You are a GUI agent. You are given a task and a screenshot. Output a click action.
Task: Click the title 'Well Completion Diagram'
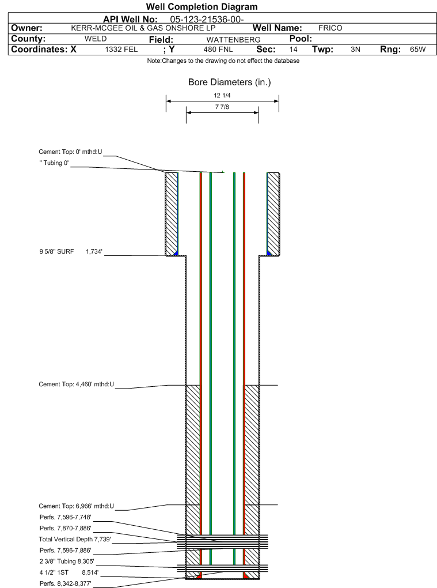202,7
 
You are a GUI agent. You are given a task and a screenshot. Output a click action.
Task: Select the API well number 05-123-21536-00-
207,20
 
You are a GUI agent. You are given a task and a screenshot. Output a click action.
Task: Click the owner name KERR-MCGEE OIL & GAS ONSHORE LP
143,28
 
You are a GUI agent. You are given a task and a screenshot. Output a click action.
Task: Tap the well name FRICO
330,28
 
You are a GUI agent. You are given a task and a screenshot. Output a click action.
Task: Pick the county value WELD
96,39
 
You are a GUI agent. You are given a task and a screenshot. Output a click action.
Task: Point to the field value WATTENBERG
233,39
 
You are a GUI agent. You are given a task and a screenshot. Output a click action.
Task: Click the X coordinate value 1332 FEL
121,50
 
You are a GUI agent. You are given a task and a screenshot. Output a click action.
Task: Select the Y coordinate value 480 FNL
218,50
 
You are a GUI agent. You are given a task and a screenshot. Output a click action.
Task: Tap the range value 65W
417,50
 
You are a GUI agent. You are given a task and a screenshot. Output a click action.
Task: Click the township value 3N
355,50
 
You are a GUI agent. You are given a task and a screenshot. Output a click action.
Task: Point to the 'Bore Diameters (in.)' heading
230,82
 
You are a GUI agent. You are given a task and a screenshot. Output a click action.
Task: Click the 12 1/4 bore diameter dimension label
222,95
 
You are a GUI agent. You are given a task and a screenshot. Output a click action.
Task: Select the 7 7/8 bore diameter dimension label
222,107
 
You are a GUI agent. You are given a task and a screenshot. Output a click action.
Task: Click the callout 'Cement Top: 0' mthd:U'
70,152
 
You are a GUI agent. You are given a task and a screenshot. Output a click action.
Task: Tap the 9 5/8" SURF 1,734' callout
71,251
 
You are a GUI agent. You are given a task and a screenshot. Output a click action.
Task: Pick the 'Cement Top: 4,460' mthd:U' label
77,385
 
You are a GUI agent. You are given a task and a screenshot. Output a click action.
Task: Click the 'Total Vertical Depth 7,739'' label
75,539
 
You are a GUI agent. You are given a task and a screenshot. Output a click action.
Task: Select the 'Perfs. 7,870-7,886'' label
66,529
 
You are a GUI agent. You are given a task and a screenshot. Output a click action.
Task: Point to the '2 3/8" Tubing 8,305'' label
67,561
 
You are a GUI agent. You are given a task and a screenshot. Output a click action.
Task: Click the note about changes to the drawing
223,61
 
